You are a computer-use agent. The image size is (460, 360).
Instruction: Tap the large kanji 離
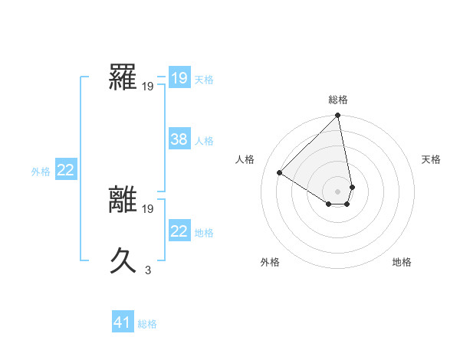(x=123, y=201)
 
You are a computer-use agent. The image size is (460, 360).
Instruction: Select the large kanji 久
(x=123, y=261)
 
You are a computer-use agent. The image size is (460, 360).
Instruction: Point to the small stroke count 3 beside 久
(x=147, y=269)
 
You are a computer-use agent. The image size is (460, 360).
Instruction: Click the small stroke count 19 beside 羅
(x=147, y=87)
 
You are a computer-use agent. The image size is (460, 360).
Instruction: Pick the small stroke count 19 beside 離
(x=147, y=208)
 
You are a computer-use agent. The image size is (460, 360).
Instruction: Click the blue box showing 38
(x=179, y=139)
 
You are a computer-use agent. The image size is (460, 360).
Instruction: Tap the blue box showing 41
(x=123, y=322)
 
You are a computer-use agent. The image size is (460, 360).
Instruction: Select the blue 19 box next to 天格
(x=179, y=78)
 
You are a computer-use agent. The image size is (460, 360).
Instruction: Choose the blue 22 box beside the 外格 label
(x=65, y=171)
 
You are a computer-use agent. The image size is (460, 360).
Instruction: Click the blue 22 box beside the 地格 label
(x=179, y=231)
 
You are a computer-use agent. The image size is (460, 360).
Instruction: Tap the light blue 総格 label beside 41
(x=147, y=324)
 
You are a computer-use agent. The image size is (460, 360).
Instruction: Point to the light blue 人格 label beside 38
(x=204, y=141)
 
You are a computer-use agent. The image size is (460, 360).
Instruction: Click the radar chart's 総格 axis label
(x=338, y=100)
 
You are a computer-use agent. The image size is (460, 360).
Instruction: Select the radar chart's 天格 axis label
(x=431, y=159)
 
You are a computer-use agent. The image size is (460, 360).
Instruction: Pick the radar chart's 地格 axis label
(x=402, y=262)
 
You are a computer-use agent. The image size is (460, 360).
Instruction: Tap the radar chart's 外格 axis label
(x=270, y=262)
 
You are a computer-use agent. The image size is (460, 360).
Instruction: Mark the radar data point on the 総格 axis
(x=338, y=116)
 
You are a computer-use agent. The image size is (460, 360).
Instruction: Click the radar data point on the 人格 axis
(x=280, y=172)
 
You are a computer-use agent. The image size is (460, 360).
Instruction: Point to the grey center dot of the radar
(x=338, y=191)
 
